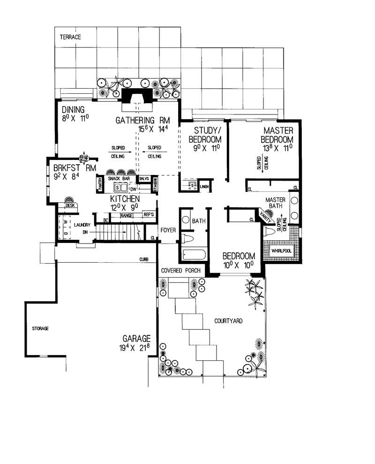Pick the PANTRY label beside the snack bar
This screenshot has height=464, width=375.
tap(100, 184)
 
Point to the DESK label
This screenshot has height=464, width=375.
tap(70, 205)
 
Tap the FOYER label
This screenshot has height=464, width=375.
tap(168, 230)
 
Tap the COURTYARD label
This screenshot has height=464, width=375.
tap(228, 321)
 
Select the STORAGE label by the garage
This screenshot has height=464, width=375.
tap(40, 328)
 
